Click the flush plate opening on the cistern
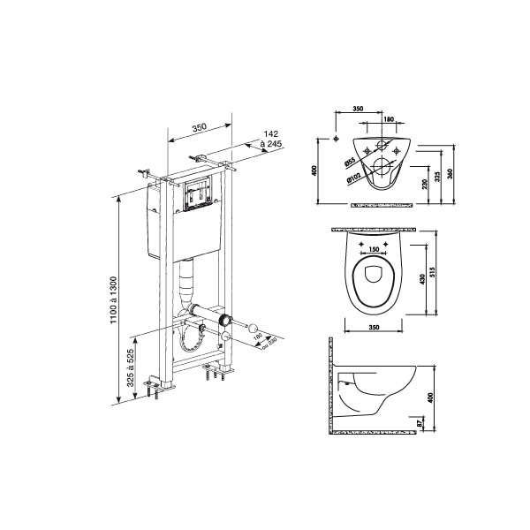pyautogui.click(x=198, y=195)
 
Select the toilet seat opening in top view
pyautogui.click(x=372, y=280)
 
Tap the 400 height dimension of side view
pyautogui.click(x=430, y=398)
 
